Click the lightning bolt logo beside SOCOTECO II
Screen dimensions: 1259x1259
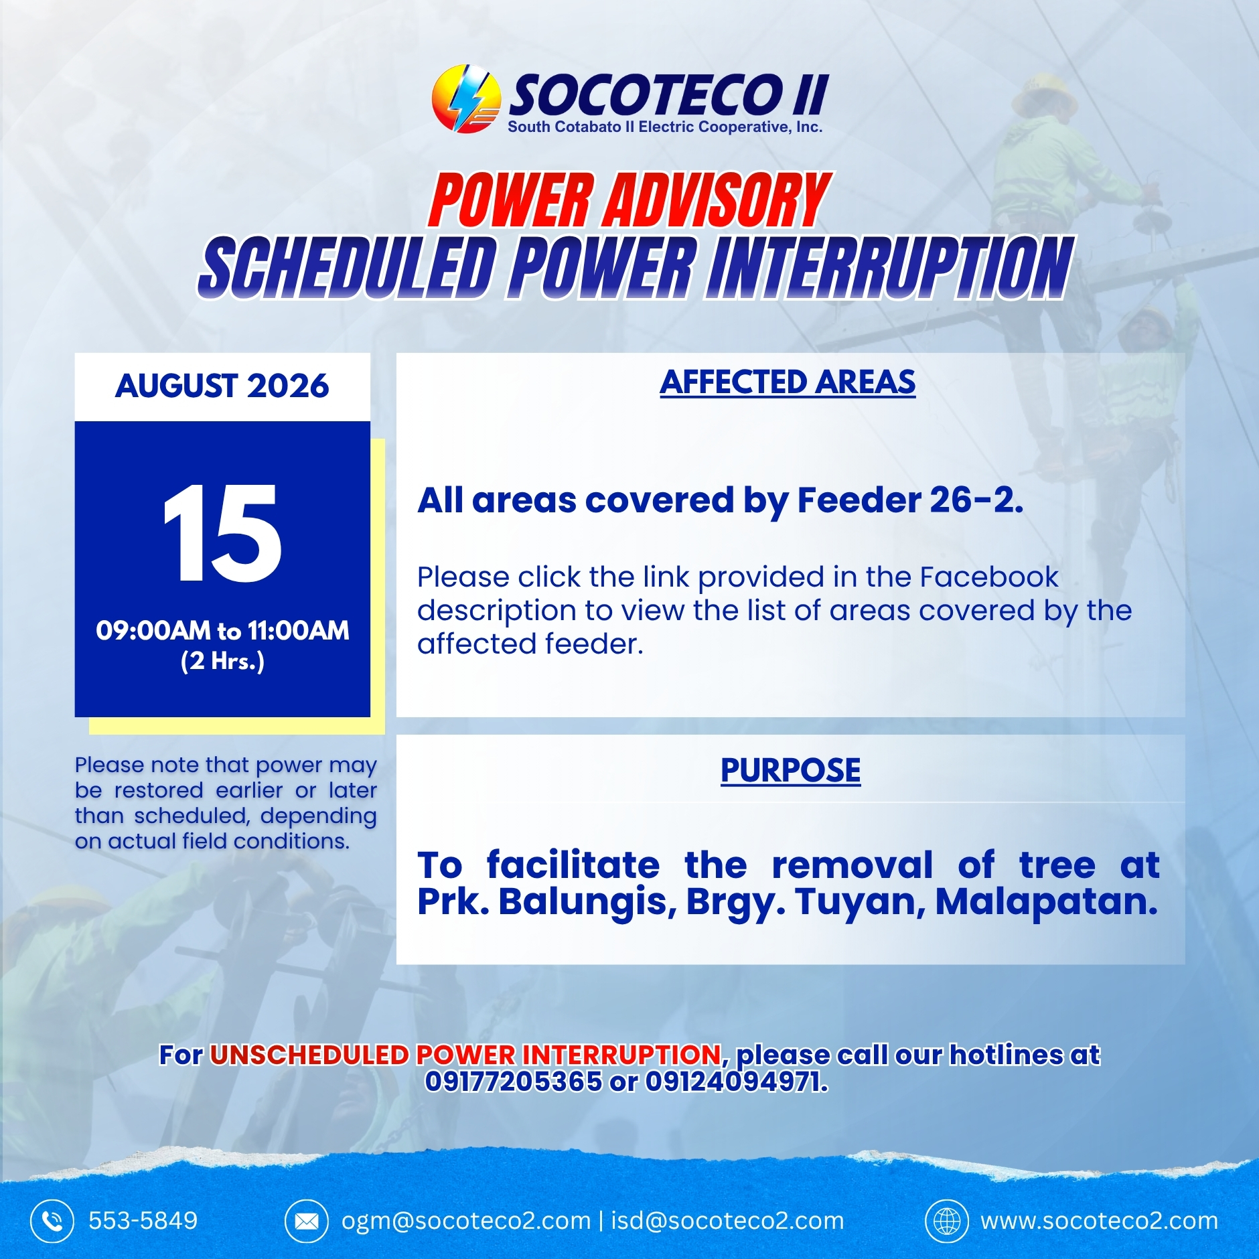(x=467, y=98)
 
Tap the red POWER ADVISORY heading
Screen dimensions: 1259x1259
(x=629, y=200)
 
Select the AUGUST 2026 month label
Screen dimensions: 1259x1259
(x=222, y=386)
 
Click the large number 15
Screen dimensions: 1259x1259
(x=222, y=532)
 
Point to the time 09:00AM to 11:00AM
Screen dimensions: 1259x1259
(x=222, y=630)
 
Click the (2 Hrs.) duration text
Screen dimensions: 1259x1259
(x=222, y=661)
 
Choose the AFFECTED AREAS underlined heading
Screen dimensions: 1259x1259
(x=788, y=383)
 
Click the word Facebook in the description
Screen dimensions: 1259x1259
(x=989, y=577)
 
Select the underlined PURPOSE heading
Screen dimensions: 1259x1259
(x=791, y=770)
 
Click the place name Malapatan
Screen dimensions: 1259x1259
(x=1047, y=901)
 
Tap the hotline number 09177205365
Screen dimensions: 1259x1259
(x=514, y=1081)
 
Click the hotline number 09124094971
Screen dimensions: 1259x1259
(x=737, y=1081)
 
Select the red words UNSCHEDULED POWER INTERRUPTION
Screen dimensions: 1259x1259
(x=465, y=1055)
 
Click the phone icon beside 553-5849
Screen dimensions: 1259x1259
(x=52, y=1221)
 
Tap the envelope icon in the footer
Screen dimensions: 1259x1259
(x=307, y=1221)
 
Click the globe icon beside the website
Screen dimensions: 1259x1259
(x=947, y=1221)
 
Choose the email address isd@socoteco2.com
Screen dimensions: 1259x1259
(x=727, y=1221)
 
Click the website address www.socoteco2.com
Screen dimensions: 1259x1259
(x=1100, y=1221)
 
